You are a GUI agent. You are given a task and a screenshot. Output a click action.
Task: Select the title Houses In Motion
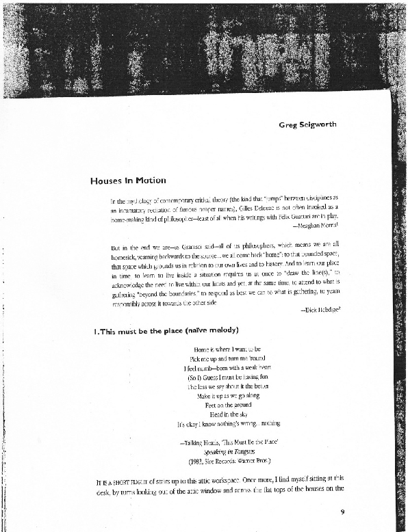(x=128, y=181)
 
